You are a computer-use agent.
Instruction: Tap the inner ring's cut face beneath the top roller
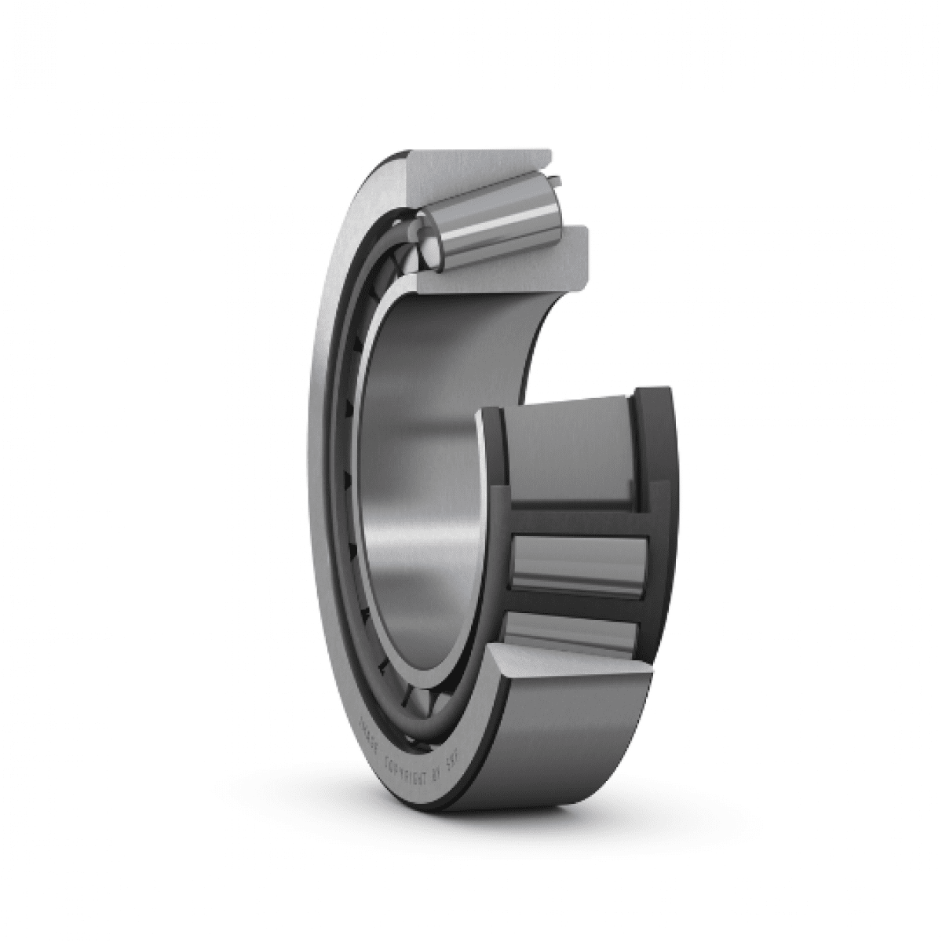pos(502,267)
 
